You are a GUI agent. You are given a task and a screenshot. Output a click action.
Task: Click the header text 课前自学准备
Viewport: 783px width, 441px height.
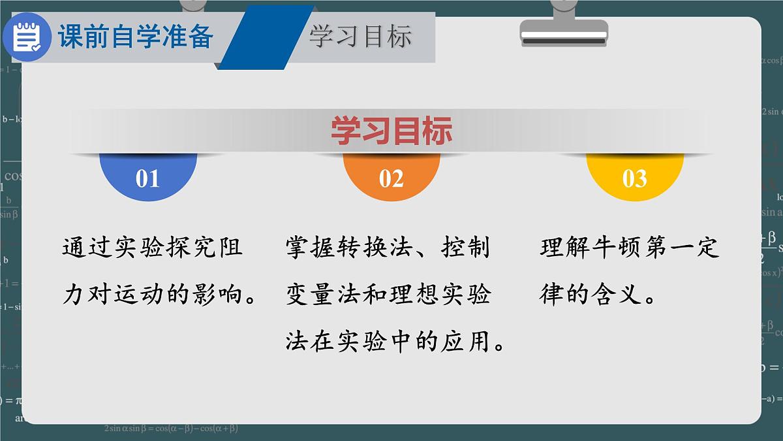click(x=136, y=37)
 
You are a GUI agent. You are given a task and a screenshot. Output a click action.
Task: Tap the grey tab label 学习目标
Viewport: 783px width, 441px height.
click(x=360, y=37)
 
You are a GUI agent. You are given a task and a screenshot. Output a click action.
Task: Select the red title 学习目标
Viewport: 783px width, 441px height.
click(x=391, y=131)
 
